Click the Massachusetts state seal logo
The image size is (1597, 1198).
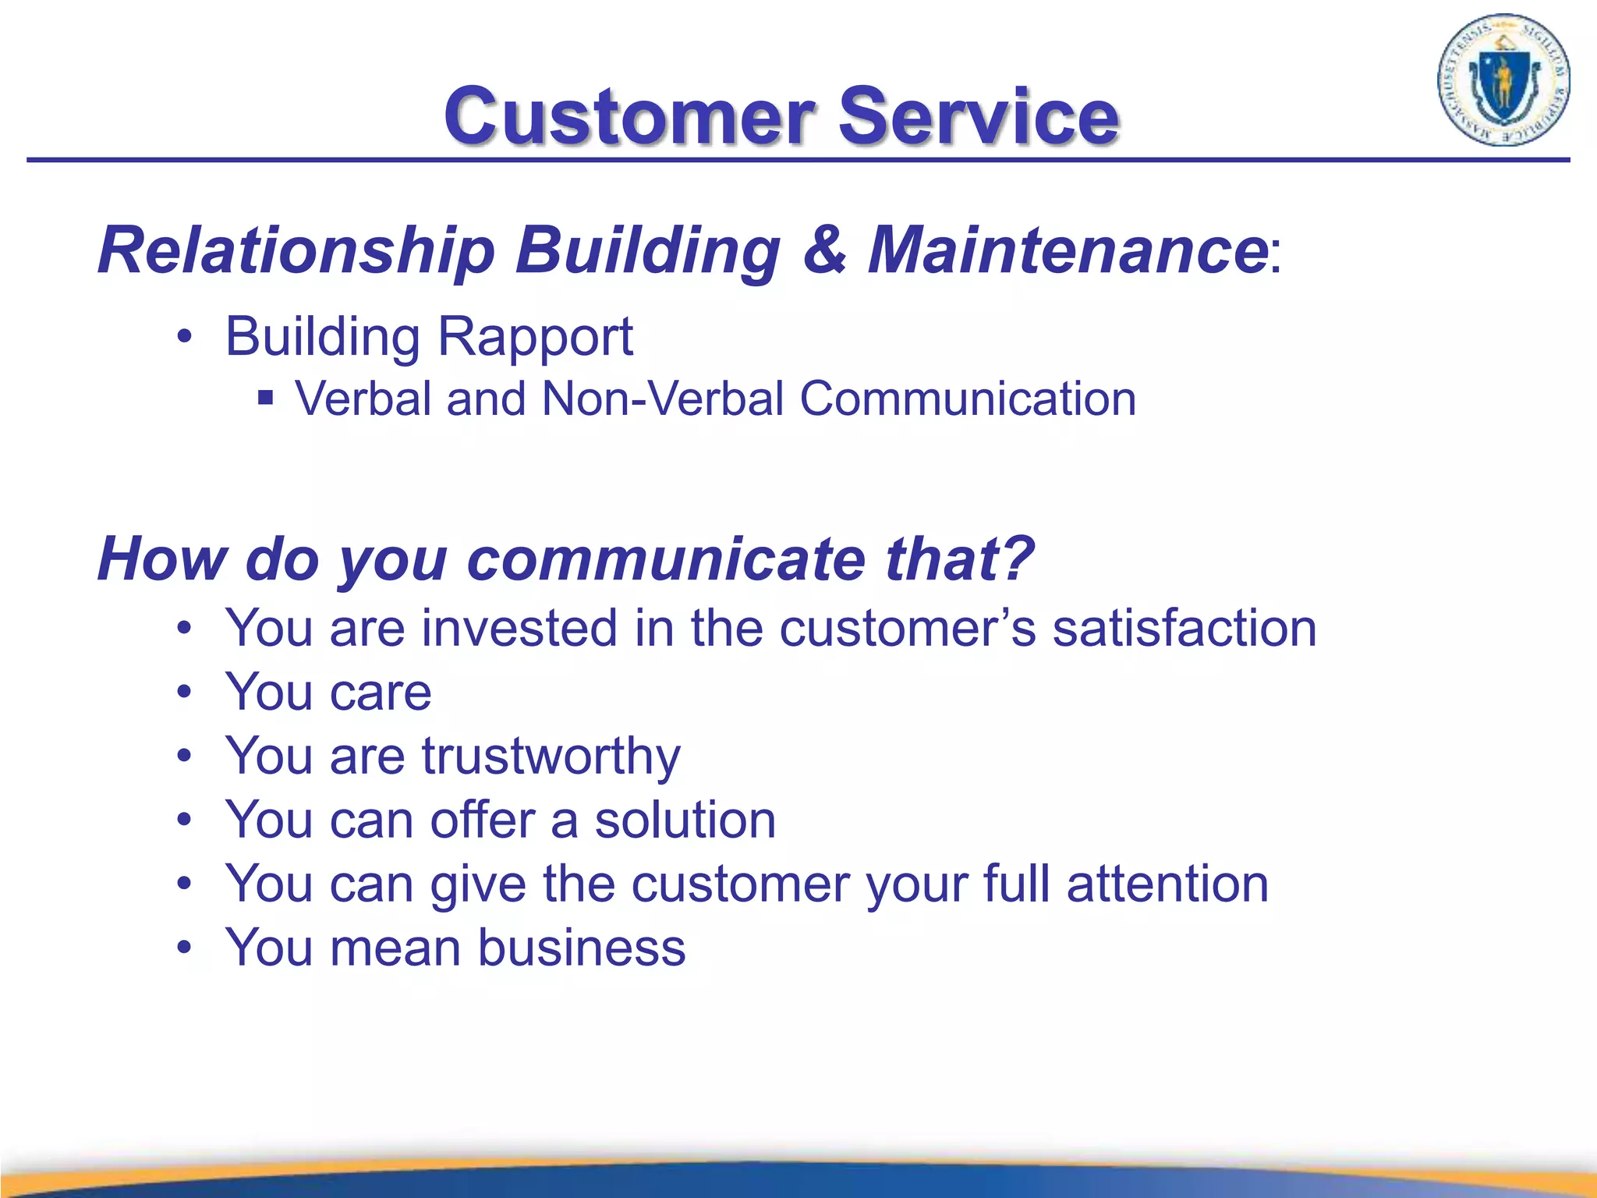[1503, 80]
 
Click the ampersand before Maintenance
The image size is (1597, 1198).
[824, 250]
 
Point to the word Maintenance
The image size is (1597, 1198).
[1068, 250]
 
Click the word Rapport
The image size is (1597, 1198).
[534, 337]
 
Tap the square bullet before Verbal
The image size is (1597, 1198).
[266, 399]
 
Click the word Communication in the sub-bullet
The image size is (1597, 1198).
[968, 399]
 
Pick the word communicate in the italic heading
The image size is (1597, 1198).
[667, 560]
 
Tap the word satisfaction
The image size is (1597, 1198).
[1184, 629]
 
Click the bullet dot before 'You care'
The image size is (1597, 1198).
[184, 693]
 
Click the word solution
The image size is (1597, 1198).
[685, 821]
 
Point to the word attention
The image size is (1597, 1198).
[1167, 884]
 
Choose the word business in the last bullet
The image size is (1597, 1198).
[581, 948]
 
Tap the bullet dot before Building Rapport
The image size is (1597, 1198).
[184, 338]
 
